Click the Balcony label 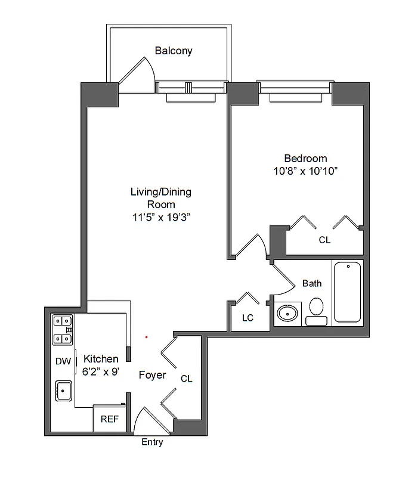pos(174,51)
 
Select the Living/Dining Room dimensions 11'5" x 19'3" pos(160,217)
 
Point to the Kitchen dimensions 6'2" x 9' pos(100,371)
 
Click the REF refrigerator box pos(109,419)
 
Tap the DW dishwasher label pos(63,361)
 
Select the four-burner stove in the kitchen pos(62,330)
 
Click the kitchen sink pos(63,391)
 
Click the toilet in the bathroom pos(316,311)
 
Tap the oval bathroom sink pos(288,313)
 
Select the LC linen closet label pos(248,318)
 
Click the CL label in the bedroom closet pos(324,240)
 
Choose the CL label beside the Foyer pos(186,379)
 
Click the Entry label pos(152,442)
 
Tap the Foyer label pos(152,375)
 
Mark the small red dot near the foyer pos(146,337)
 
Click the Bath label pos(311,283)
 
